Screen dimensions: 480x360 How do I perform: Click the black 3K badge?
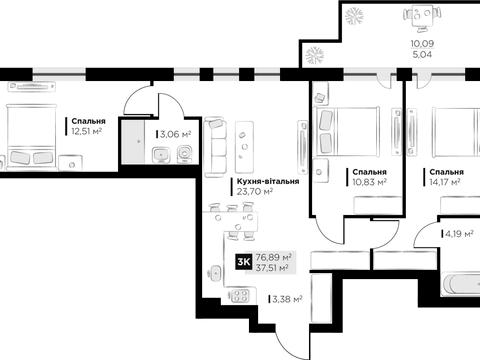click(x=244, y=262)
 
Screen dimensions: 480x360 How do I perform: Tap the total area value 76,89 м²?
click(x=273, y=257)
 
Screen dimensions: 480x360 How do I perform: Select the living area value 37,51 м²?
click(x=272, y=267)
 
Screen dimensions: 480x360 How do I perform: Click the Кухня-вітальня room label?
click(x=268, y=182)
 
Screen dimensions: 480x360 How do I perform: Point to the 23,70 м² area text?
click(x=255, y=192)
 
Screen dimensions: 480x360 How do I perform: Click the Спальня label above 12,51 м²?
click(x=88, y=121)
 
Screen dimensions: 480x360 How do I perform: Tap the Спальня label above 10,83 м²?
click(x=369, y=172)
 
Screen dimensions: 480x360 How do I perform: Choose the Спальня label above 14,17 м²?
click(x=446, y=172)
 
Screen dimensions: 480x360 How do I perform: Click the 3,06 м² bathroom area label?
click(x=175, y=134)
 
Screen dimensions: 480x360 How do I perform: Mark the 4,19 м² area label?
click(x=459, y=234)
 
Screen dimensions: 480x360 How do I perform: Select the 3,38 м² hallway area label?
click(x=287, y=299)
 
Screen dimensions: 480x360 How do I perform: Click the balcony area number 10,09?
click(x=422, y=44)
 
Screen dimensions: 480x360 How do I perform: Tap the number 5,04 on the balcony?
click(x=422, y=54)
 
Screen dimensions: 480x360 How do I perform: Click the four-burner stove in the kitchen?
click(x=239, y=295)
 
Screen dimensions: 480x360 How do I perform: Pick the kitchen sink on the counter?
click(x=215, y=273)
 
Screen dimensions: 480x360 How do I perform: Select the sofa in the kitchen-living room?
click(x=215, y=147)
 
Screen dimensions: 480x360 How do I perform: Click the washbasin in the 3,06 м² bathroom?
click(x=162, y=155)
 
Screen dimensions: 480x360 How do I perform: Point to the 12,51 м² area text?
click(x=86, y=131)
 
